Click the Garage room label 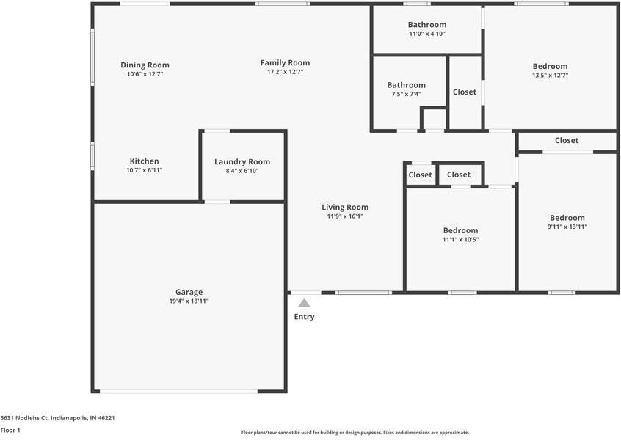click(x=189, y=292)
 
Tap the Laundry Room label click(x=242, y=162)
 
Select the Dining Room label click(x=145, y=65)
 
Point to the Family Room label click(x=285, y=63)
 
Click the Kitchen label click(x=144, y=161)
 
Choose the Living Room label click(x=345, y=208)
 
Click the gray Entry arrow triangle click(x=304, y=302)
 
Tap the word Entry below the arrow click(x=304, y=317)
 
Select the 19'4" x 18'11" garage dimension click(x=189, y=301)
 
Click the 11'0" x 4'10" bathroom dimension click(x=427, y=34)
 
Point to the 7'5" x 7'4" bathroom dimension click(x=406, y=94)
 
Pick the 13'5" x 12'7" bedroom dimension click(x=550, y=75)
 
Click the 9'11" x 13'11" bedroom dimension click(x=567, y=227)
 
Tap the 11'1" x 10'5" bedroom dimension click(x=460, y=239)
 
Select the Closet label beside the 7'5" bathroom click(x=465, y=92)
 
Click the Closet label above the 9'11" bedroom click(x=567, y=141)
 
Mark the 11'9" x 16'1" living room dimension click(x=345, y=216)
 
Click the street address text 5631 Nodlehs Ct click(x=57, y=418)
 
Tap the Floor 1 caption click(x=10, y=430)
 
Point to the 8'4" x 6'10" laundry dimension click(x=242, y=171)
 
